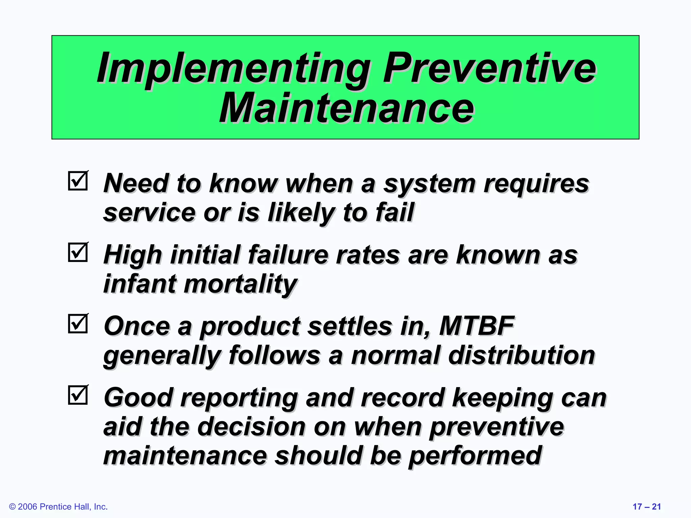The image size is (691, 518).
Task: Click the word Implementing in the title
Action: [233, 69]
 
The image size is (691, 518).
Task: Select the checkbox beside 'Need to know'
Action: [78, 181]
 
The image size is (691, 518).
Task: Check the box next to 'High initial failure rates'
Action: [78, 253]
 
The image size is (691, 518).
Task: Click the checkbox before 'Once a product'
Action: [78, 324]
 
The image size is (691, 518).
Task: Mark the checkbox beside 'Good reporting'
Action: [78, 395]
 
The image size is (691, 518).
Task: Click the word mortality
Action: [240, 284]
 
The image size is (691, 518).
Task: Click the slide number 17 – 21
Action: [646, 507]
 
